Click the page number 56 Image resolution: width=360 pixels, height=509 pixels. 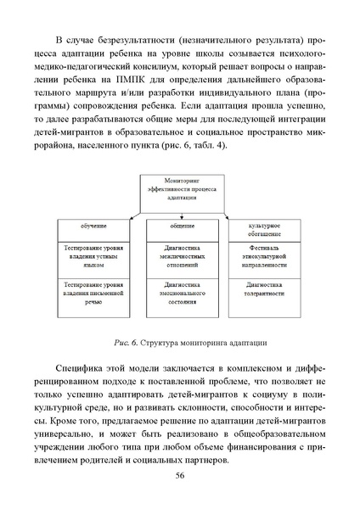(x=180, y=475)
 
